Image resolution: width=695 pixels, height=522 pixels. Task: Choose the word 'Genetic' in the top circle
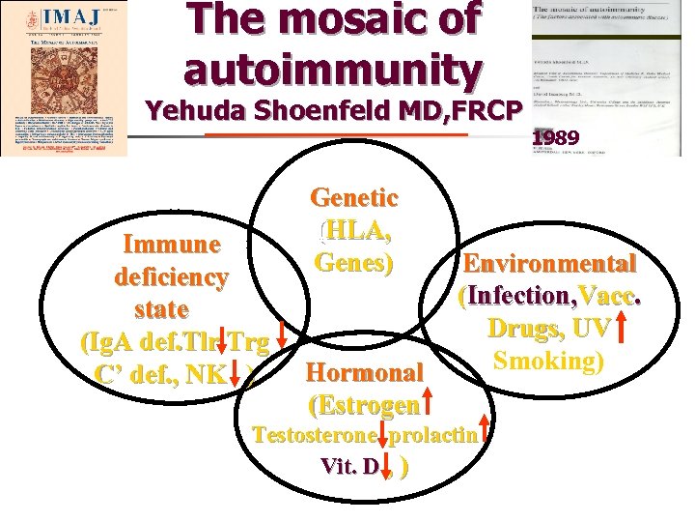pos(354,198)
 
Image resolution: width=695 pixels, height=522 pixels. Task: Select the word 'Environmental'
pos(549,263)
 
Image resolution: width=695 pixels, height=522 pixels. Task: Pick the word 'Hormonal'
pos(364,372)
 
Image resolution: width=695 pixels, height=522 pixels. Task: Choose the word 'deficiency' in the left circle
pos(172,277)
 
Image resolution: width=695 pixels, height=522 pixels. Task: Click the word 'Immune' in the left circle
pos(170,244)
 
